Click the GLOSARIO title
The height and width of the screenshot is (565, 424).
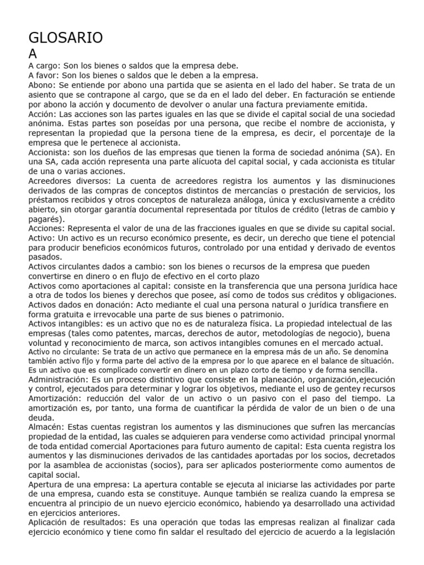(65, 38)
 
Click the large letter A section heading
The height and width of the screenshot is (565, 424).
(33, 54)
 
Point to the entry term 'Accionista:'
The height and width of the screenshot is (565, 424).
(50, 152)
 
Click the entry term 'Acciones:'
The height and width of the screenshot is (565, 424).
(47, 228)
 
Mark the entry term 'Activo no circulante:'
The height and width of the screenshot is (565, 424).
(62, 351)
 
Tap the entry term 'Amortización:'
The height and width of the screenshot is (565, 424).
(56, 399)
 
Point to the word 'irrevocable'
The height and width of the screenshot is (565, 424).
(81, 314)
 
